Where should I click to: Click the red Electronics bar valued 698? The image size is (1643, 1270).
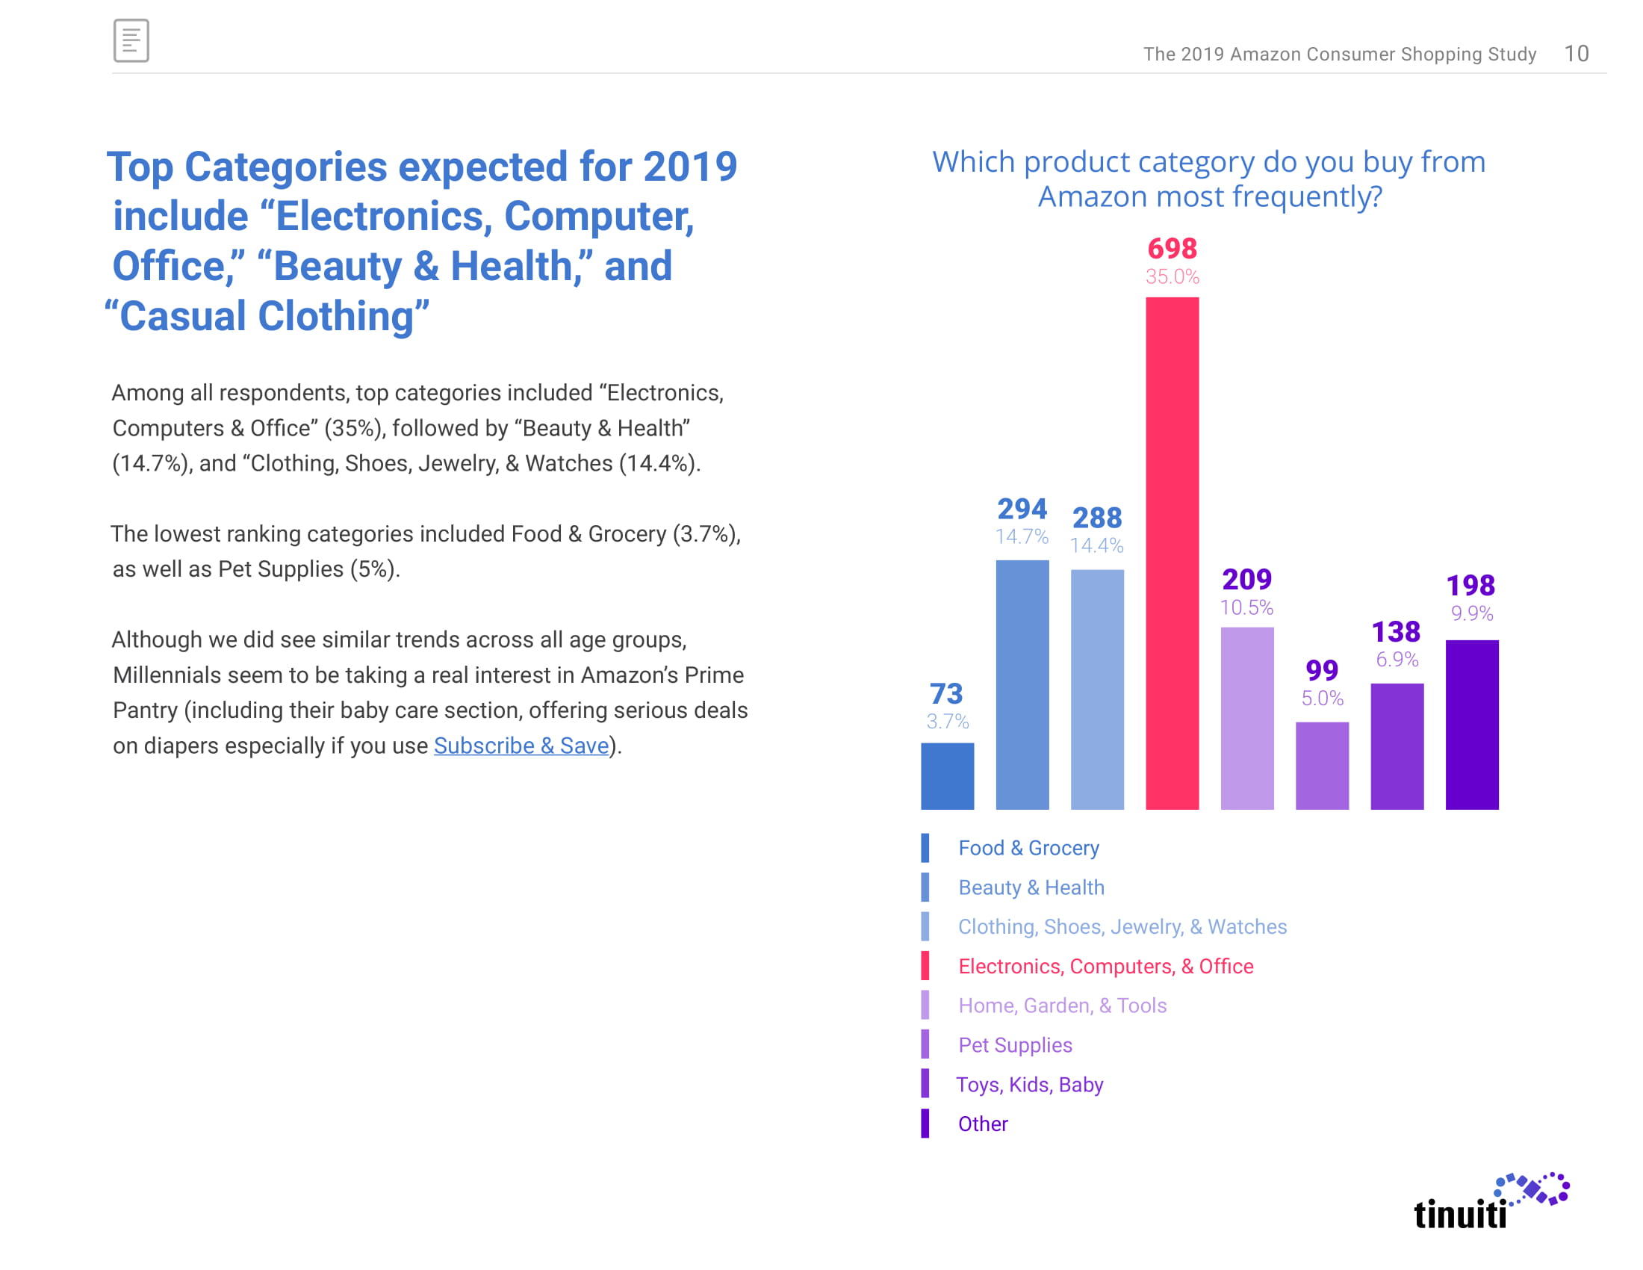(x=1172, y=553)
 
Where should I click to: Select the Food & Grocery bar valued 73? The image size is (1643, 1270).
(x=947, y=775)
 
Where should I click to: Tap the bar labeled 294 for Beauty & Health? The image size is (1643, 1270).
(x=1022, y=684)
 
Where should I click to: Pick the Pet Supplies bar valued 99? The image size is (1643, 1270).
(x=1322, y=765)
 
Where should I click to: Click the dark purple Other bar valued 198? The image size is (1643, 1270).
(x=1471, y=725)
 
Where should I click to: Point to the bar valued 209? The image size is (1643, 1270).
(x=1246, y=718)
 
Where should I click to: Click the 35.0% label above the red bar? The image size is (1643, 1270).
(x=1172, y=277)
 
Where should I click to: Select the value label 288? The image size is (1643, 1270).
(x=1097, y=518)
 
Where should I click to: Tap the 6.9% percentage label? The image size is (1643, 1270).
(x=1397, y=659)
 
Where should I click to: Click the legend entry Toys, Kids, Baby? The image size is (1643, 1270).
(x=1029, y=1084)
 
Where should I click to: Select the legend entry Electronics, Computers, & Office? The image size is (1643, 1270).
(x=1105, y=966)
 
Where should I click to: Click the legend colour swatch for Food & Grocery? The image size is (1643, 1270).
(x=925, y=848)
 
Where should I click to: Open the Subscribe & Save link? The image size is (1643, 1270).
(x=521, y=746)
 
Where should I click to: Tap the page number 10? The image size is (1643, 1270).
(x=1576, y=54)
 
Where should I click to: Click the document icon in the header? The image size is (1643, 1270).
(x=131, y=40)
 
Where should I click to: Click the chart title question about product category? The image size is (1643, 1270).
(x=1208, y=179)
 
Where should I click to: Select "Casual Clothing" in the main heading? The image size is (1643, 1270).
(x=268, y=316)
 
